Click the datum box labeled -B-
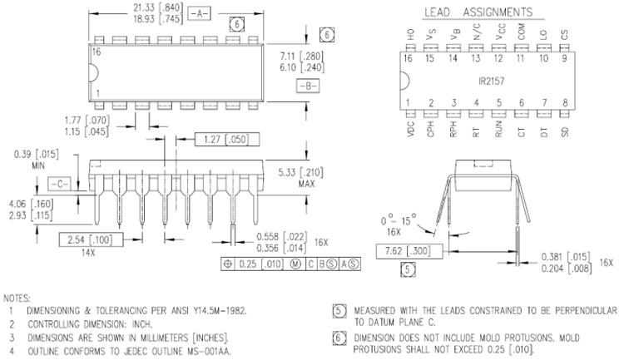tap(305, 86)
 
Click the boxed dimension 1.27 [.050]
tap(222, 140)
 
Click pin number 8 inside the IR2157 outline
tap(566, 103)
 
